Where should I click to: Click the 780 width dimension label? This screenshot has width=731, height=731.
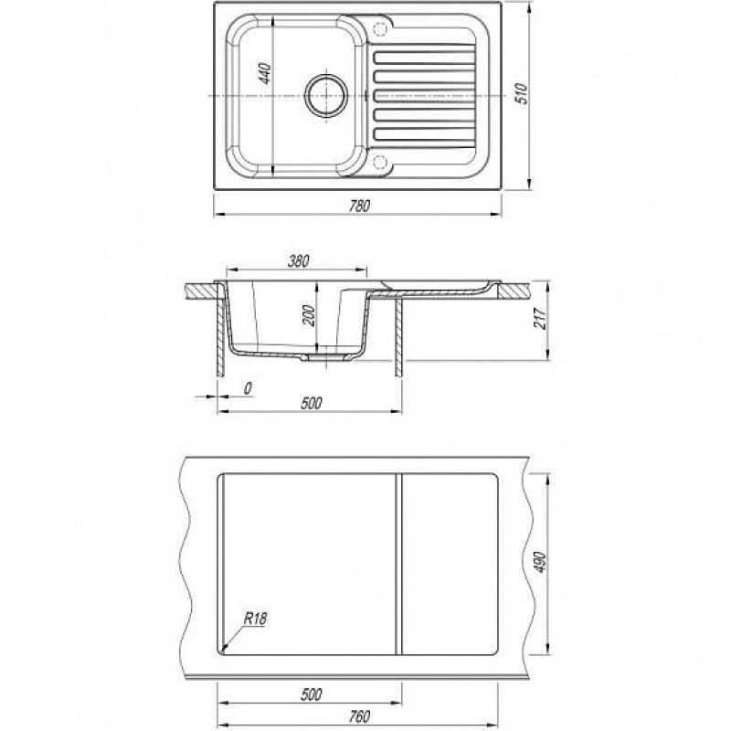359,206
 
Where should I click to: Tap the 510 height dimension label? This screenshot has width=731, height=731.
522,93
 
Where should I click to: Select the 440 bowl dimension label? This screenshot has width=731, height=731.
264,74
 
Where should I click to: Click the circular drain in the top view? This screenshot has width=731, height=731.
326,96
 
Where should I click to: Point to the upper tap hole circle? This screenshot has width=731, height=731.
381,29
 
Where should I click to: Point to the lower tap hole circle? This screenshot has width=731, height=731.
381,162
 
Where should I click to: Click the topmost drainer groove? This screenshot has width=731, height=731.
424,58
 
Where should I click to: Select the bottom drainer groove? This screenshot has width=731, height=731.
424,133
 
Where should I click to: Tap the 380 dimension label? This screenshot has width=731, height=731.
299,261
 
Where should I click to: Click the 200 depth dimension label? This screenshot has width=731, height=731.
309,315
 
